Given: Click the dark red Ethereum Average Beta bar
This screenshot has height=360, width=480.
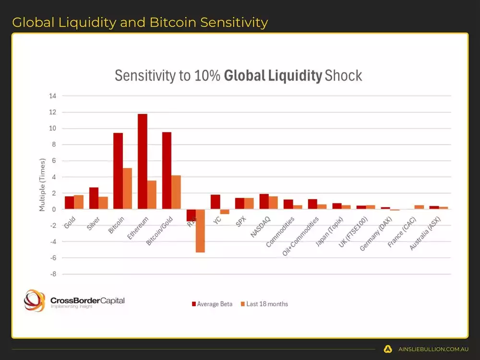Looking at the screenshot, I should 142,161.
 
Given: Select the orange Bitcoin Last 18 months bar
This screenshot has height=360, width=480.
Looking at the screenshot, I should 127,189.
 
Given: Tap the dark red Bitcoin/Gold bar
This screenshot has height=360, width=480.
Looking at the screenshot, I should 167,170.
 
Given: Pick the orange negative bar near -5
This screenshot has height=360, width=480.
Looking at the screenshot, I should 200,231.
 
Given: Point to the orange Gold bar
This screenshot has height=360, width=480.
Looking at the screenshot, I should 79,202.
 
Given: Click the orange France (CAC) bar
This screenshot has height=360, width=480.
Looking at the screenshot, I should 419,207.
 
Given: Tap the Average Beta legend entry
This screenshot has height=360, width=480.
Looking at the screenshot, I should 212,304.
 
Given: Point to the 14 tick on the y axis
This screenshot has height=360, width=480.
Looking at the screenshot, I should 52,96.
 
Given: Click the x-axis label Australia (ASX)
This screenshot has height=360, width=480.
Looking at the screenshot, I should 428,234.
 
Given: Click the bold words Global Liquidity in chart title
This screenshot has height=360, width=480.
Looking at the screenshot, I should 273,76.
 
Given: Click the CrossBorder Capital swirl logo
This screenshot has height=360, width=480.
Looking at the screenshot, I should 35,300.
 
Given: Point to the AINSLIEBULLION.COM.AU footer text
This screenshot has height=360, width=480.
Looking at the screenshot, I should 433,349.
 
